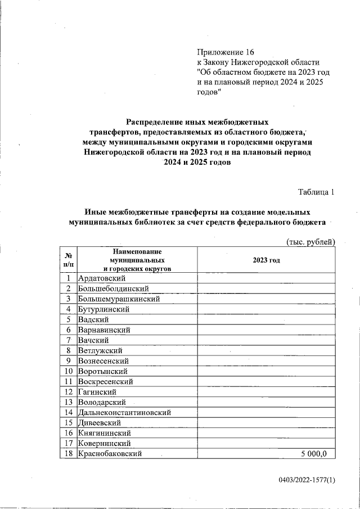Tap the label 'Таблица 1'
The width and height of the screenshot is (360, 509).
tap(316, 192)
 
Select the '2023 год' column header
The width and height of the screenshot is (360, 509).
tap(266, 260)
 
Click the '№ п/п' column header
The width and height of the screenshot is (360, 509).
tap(67, 260)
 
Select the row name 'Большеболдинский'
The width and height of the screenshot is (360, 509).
tap(114, 289)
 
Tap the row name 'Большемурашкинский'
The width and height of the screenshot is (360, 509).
tap(119, 299)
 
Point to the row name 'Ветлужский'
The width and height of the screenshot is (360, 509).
tap(101, 350)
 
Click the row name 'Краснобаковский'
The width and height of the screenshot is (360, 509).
tap(110, 454)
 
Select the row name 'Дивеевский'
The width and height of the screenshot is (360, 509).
tap(100, 423)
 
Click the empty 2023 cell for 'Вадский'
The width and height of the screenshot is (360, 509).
tap(266, 319)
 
